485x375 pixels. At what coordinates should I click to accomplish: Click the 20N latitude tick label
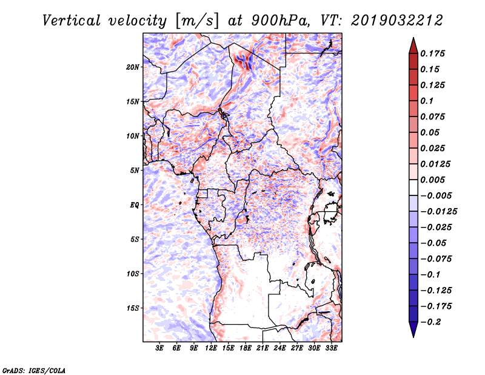coord(133,67)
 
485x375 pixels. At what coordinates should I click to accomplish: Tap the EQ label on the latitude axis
coord(135,205)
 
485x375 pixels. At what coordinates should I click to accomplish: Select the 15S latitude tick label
coord(133,308)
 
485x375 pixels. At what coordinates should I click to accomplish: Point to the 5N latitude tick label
coord(135,171)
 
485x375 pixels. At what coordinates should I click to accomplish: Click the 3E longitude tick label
coord(159,348)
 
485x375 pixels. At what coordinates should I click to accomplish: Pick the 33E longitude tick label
coord(331,348)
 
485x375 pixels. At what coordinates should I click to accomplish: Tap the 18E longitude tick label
coord(246,348)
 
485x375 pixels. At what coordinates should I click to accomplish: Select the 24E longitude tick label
coord(279,348)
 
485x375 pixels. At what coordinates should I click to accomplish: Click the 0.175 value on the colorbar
coord(432,53)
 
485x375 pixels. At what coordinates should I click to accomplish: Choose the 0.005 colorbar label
coord(432,180)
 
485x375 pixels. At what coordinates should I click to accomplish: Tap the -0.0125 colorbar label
coord(438,212)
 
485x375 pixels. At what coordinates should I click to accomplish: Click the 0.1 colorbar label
coord(427,101)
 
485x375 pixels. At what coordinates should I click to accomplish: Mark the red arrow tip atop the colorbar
coord(413,38)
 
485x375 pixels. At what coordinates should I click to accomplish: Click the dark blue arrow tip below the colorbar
coord(413,337)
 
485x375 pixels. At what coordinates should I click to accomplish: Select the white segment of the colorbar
coord(413,187)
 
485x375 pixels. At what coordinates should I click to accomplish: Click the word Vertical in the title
coord(72,21)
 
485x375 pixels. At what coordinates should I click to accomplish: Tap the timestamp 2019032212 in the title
coord(397,21)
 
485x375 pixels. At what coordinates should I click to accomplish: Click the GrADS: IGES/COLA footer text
coord(34,370)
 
